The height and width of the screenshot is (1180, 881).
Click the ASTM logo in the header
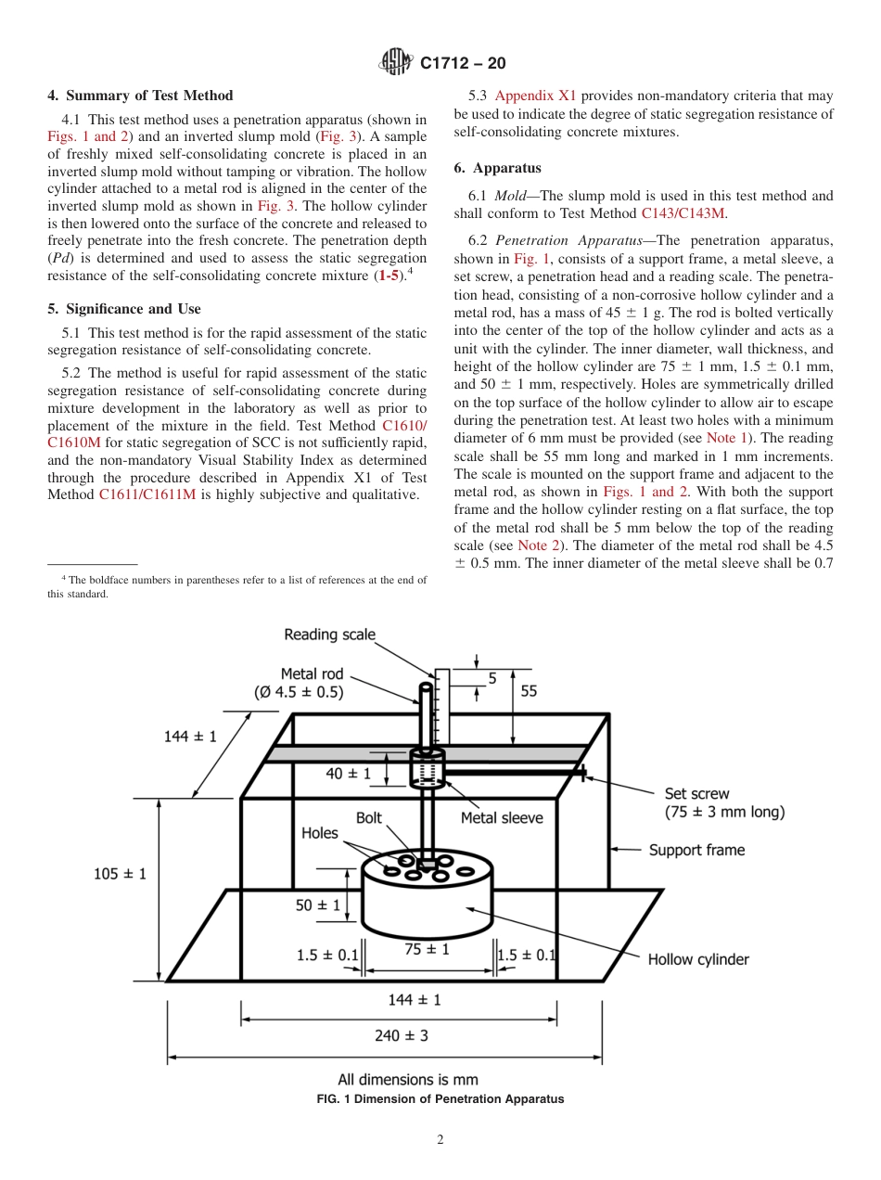(x=396, y=63)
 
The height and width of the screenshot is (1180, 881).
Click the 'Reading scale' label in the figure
(x=329, y=635)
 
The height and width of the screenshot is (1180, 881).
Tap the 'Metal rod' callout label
(x=313, y=674)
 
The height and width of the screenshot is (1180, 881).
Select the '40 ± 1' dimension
(x=349, y=773)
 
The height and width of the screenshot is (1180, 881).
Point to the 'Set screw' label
(x=696, y=794)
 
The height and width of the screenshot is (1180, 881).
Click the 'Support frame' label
(x=696, y=850)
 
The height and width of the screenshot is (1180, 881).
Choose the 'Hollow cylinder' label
(x=698, y=959)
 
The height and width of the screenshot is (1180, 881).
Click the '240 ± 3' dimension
(x=402, y=1035)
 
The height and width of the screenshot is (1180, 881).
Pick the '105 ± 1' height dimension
(x=121, y=873)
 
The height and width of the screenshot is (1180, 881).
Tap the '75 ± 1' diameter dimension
(x=427, y=949)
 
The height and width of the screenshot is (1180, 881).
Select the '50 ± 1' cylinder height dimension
(x=318, y=904)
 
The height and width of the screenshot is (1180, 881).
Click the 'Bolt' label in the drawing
(x=369, y=818)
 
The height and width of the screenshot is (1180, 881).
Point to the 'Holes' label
(x=320, y=833)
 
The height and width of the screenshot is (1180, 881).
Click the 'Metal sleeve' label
(x=502, y=818)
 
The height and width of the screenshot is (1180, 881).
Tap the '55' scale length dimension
(x=530, y=691)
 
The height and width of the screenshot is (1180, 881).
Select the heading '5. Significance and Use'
(x=124, y=309)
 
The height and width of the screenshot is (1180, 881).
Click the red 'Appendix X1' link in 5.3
(x=535, y=96)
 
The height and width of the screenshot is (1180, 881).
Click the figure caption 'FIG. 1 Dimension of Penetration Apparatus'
(x=440, y=1099)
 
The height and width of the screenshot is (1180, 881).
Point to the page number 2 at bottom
(x=440, y=1140)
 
